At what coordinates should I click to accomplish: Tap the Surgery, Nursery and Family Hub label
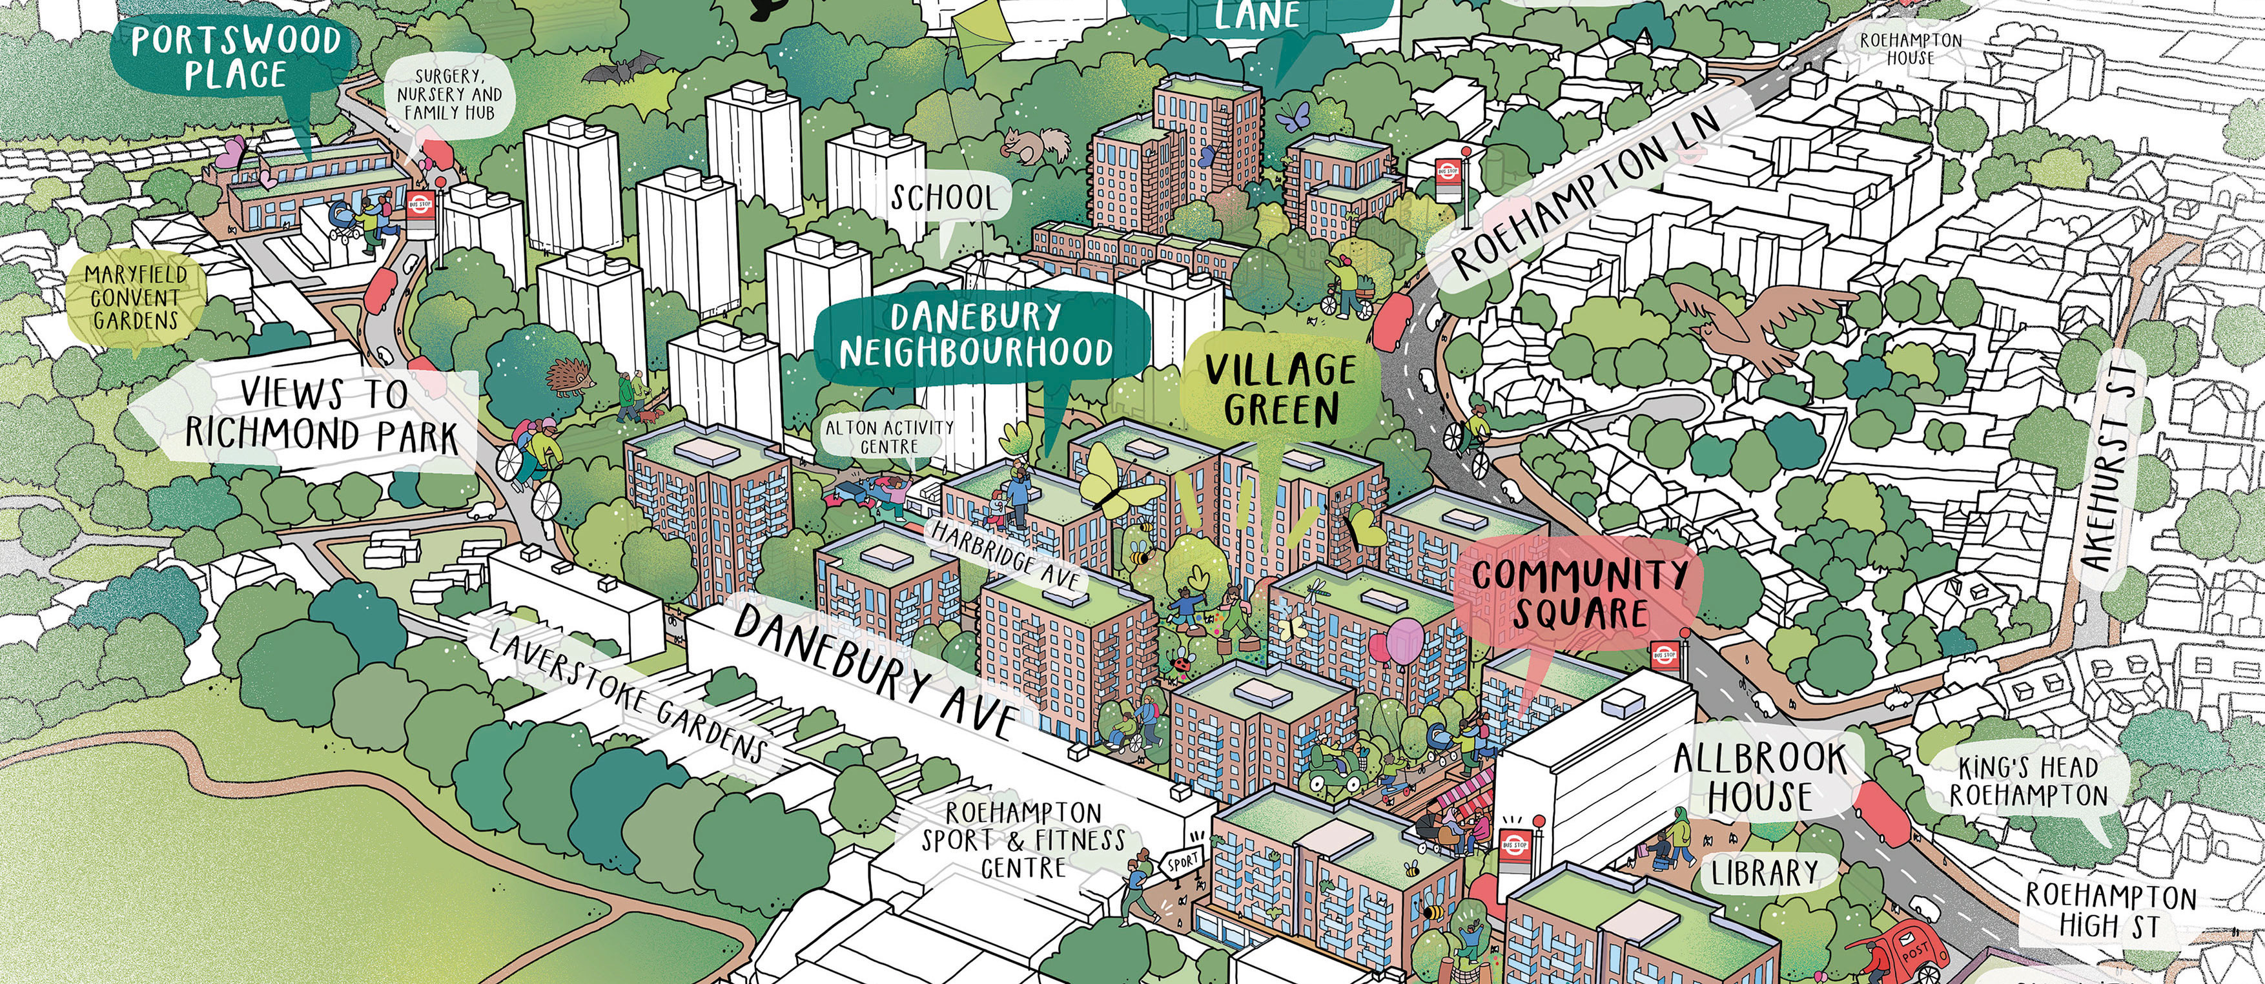(449, 95)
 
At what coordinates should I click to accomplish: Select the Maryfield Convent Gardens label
(136, 298)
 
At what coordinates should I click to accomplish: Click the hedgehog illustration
(571, 376)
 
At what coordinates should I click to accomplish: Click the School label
(943, 198)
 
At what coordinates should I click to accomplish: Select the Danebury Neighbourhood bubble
(976, 334)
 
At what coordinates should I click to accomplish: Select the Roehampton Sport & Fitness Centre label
(1023, 840)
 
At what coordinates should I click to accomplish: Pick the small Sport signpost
(1183, 863)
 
